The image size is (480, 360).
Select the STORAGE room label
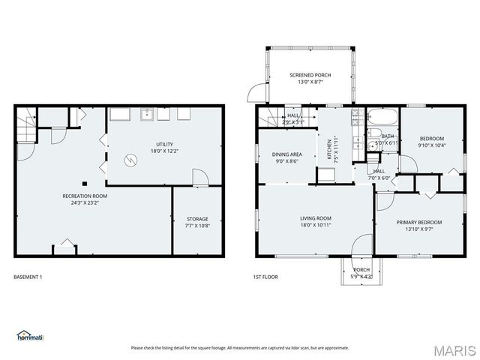(198, 219)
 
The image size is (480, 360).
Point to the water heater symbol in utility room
(131, 160)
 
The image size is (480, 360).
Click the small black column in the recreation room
(85, 184)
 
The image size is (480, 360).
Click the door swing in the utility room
(199, 177)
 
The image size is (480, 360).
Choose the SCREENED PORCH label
(310, 75)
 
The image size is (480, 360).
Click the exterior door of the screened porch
(256, 94)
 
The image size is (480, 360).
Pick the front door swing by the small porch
(363, 245)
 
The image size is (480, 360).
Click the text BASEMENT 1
(28, 277)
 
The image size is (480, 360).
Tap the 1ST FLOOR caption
(265, 277)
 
